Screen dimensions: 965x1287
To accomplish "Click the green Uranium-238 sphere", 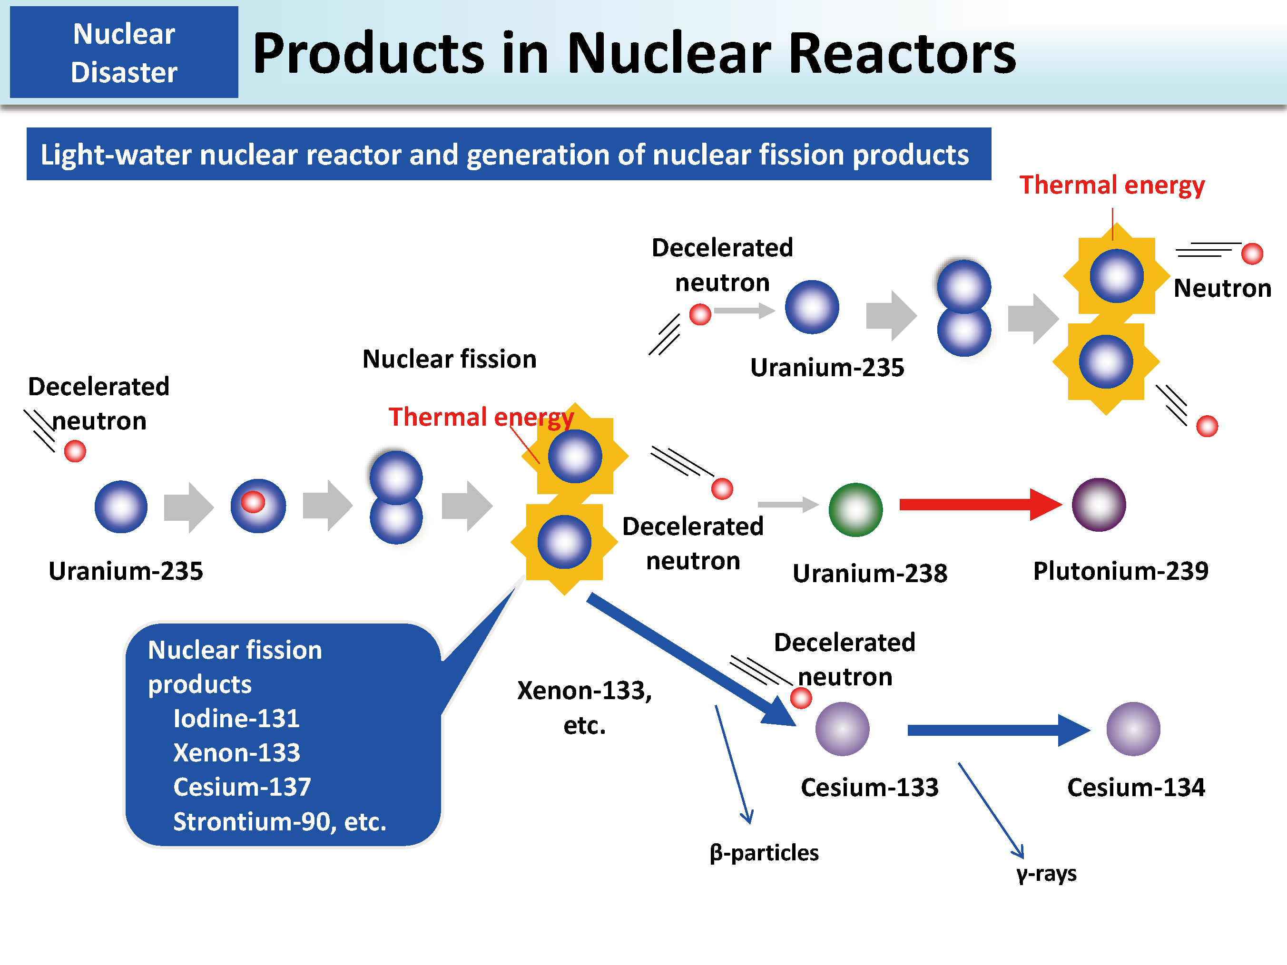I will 855,509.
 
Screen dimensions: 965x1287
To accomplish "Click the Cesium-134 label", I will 1136,788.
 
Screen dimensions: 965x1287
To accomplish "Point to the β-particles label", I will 764,853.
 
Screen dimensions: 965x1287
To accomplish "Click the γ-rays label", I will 1046,874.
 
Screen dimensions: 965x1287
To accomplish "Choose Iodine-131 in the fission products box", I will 236,718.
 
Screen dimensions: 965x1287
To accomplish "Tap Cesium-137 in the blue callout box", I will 242,787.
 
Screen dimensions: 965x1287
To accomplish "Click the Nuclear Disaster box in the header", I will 124,52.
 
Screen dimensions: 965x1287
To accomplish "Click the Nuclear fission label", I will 449,359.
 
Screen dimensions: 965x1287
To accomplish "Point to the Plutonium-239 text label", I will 1120,571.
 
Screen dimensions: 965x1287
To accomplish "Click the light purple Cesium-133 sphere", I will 842,729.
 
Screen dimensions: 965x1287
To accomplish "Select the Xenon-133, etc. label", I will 584,707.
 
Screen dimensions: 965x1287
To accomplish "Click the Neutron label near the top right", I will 1222,288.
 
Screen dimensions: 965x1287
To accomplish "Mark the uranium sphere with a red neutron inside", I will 258,506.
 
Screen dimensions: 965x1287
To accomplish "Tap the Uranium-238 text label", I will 870,573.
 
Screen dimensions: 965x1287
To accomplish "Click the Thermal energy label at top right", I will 1112,185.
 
